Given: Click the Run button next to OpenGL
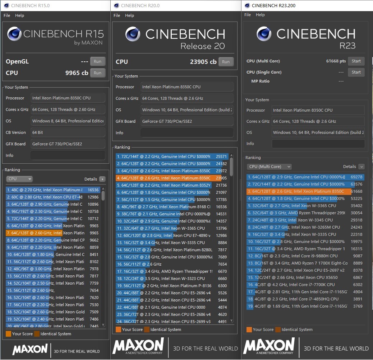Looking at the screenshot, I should coord(97,61).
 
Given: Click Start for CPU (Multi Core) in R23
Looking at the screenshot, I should coord(356,61).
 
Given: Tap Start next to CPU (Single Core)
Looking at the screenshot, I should coord(356,72).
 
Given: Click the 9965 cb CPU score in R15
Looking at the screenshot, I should coord(77,73).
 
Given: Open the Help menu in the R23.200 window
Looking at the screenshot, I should coord(260,15).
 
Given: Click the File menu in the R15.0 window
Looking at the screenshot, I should coord(7,15).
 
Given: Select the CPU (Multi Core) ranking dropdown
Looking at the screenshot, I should coord(269,167).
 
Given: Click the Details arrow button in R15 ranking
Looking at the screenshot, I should coord(102,179).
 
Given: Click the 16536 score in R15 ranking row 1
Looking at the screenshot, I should coord(93,190).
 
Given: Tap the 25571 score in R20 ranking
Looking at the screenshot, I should coord(221,156).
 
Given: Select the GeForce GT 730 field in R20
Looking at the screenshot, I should coord(186,121).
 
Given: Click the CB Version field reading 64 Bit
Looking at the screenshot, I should coord(68,132).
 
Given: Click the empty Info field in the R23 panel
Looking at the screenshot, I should coord(318,144).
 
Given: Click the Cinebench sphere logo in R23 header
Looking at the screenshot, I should coord(264,34).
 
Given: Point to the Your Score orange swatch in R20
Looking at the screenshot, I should coord(118,329).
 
